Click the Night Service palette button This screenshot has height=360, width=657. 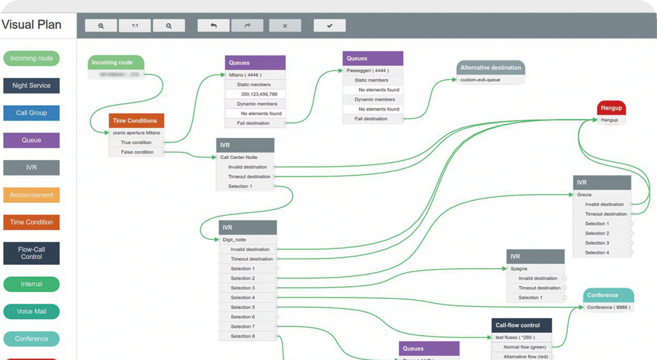pos(31,86)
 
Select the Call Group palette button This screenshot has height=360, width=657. pos(31,113)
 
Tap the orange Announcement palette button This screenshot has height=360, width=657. pos(31,195)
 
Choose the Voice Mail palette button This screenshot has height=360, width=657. pos(31,311)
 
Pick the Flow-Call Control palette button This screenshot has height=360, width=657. pos(31,253)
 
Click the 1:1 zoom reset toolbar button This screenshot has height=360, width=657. pos(135,26)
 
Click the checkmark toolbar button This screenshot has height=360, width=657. pos(330,26)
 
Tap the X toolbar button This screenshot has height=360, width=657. pos(285,26)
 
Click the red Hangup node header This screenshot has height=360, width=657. pos(611,108)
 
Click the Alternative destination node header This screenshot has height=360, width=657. pos(490,68)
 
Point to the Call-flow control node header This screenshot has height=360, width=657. pos(521,325)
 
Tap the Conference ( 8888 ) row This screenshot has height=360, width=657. pos(608,307)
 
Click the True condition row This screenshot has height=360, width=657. pos(136,143)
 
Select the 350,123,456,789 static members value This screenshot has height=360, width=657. pos(259,94)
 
